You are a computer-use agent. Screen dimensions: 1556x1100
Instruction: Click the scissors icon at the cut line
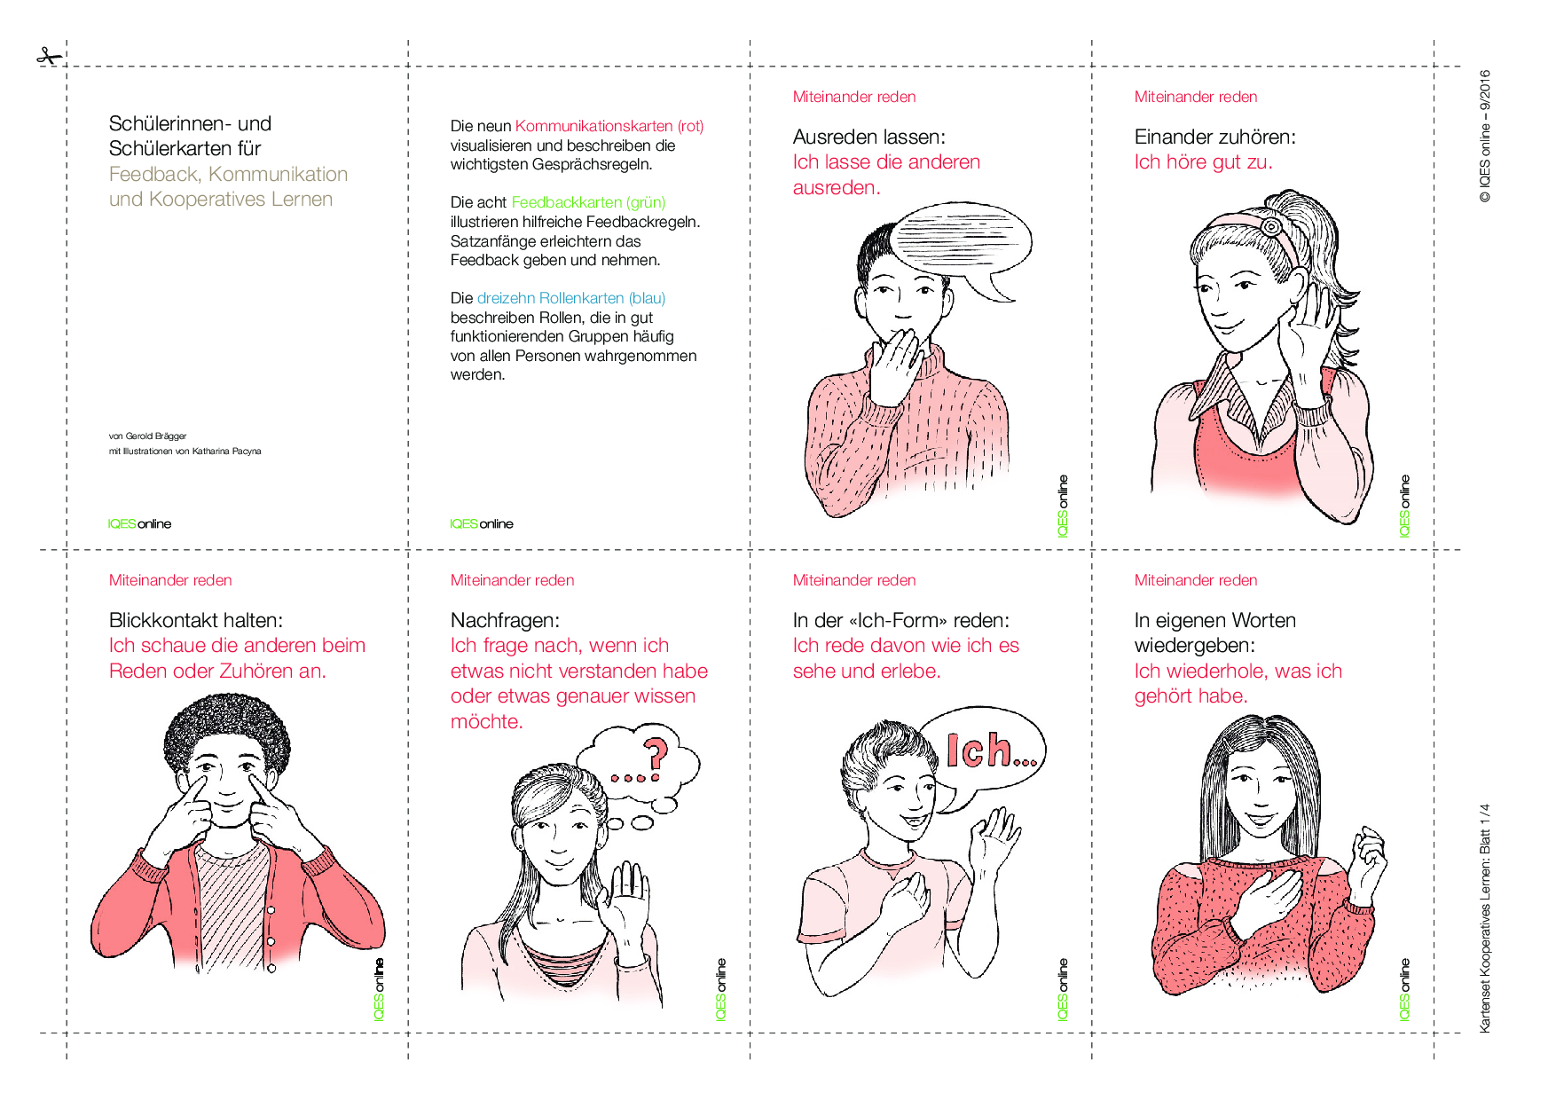click(49, 58)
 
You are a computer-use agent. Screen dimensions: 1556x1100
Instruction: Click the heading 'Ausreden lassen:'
click(868, 137)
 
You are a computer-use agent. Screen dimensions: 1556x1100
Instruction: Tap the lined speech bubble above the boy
click(961, 249)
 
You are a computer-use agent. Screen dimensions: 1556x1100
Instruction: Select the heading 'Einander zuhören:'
click(1214, 137)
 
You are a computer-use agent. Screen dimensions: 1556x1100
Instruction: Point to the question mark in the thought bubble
click(656, 754)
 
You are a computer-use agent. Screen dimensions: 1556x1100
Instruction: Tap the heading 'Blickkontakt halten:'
click(196, 620)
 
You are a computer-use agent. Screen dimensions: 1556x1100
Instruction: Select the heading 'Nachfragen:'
click(505, 620)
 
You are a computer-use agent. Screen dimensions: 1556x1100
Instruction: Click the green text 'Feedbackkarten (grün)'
click(588, 202)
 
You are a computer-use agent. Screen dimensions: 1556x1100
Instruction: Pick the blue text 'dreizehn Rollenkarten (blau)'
click(571, 298)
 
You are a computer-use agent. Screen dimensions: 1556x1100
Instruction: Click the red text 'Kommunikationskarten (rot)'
click(609, 126)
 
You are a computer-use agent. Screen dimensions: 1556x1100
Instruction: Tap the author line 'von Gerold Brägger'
click(147, 436)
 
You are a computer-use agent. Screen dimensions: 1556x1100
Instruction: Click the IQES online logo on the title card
click(139, 524)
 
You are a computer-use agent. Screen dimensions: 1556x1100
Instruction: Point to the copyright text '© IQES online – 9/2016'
click(1484, 137)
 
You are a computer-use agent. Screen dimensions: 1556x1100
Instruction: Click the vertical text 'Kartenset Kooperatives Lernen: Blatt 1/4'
click(1484, 918)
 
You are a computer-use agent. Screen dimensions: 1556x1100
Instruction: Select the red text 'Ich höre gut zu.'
click(1203, 162)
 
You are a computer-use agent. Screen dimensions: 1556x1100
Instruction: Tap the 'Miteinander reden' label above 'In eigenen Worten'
click(1196, 580)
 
